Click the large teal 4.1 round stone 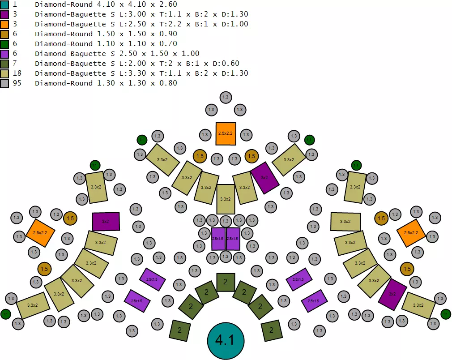coord(226,340)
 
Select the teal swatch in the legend coord(4,4)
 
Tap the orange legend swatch coord(4,24)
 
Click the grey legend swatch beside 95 coord(4,83)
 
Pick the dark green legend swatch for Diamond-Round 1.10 coord(4,44)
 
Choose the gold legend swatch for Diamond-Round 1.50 coord(4,34)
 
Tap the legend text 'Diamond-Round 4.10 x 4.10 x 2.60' coord(106,4)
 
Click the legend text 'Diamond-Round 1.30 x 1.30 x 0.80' coord(106,83)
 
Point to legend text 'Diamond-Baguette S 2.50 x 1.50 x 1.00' coord(117,54)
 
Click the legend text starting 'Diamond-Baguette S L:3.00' coord(141,14)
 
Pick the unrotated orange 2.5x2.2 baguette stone coord(226,133)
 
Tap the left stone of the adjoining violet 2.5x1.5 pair coord(218,239)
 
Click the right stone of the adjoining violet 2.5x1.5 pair coord(233,239)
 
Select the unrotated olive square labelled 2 coord(226,282)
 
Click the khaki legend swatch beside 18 coord(4,73)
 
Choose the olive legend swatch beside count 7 coord(4,64)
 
